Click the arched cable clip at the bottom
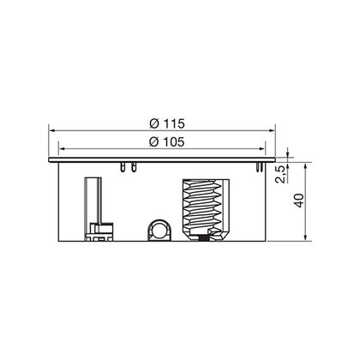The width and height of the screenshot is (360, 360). pos(159,230)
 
